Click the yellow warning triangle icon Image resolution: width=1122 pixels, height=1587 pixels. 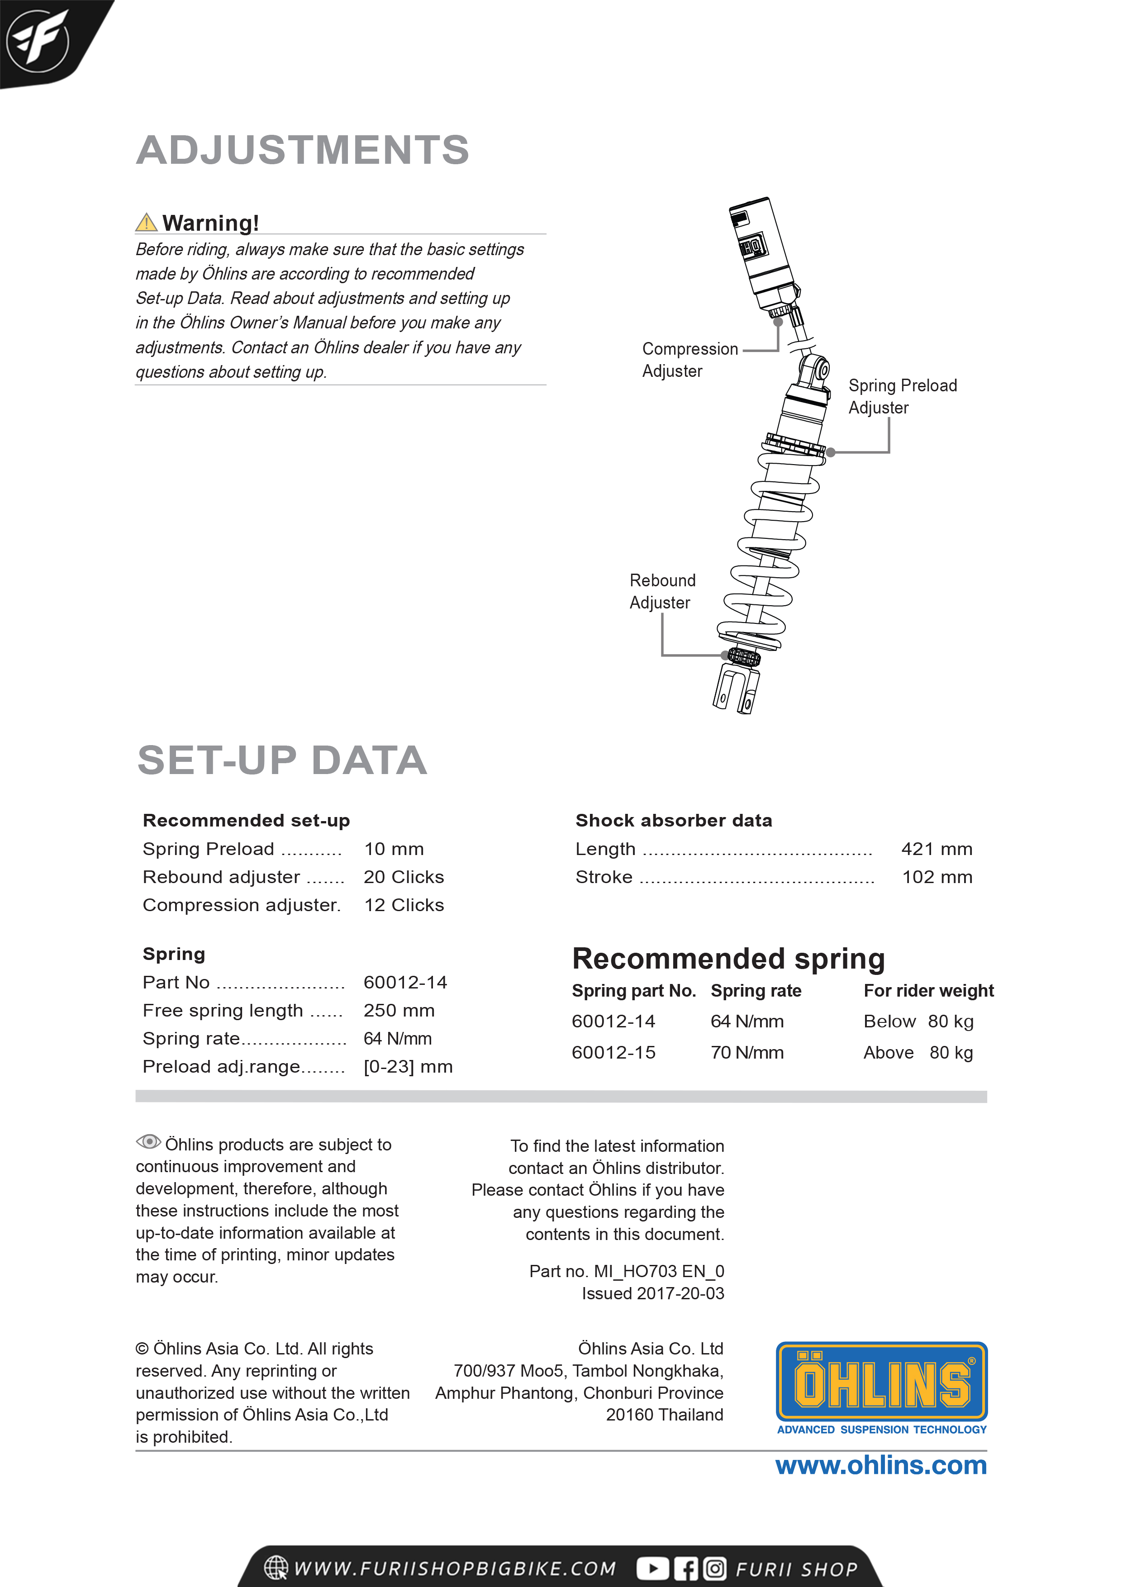[146, 223]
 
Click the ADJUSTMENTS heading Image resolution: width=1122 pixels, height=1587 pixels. [303, 150]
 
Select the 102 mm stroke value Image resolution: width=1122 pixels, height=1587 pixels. [937, 877]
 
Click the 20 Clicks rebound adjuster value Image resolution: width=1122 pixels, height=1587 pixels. [404, 877]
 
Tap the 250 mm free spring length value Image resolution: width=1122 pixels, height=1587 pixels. [399, 1011]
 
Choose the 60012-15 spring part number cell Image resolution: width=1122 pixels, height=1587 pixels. [613, 1053]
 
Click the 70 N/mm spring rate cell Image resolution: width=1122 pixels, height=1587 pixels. [746, 1053]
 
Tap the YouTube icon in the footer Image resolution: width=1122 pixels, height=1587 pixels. [652, 1568]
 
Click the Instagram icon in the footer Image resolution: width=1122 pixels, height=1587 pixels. [715, 1568]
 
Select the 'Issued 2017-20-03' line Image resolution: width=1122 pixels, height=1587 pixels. [652, 1293]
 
